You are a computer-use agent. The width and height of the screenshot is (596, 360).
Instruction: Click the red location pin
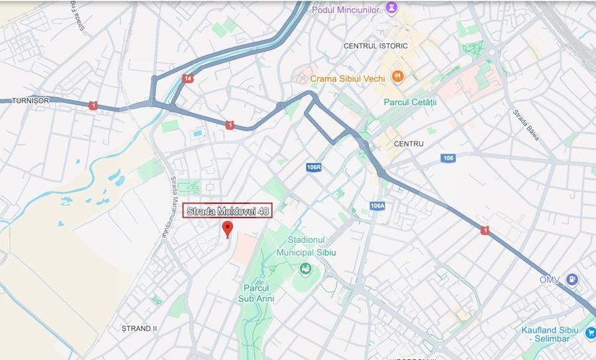(x=228, y=229)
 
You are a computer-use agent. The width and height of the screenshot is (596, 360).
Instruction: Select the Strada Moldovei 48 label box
(x=227, y=210)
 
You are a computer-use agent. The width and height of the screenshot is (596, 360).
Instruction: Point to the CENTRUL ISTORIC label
(x=375, y=46)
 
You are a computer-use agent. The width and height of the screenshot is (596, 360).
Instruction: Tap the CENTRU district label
(x=408, y=144)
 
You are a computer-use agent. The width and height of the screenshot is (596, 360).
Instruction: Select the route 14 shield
(x=189, y=79)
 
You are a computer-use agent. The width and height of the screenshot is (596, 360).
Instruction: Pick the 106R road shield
(x=314, y=167)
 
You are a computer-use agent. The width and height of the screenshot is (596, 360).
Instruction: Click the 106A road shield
(x=377, y=206)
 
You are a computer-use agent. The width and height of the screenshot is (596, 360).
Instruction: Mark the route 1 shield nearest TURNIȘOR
(x=93, y=105)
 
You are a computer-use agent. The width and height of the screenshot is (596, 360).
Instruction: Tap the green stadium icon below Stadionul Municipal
(x=305, y=268)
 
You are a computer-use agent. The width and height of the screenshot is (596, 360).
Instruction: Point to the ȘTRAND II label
(x=139, y=328)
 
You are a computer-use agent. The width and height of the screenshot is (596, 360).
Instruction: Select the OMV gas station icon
(x=571, y=280)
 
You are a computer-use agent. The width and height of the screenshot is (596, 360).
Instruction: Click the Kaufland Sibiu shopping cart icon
(x=590, y=333)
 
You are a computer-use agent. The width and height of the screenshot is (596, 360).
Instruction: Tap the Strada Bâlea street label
(x=526, y=124)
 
